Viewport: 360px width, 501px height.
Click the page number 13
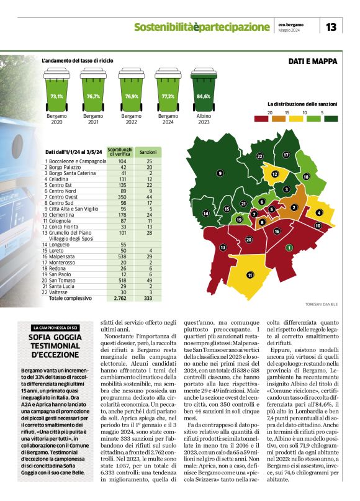[x=331, y=27]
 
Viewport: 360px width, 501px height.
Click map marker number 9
[x=220, y=173]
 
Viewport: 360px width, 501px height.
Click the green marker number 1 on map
[x=289, y=247]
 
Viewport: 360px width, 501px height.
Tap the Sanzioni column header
[x=147, y=151]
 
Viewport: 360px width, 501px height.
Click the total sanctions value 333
[x=148, y=298]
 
